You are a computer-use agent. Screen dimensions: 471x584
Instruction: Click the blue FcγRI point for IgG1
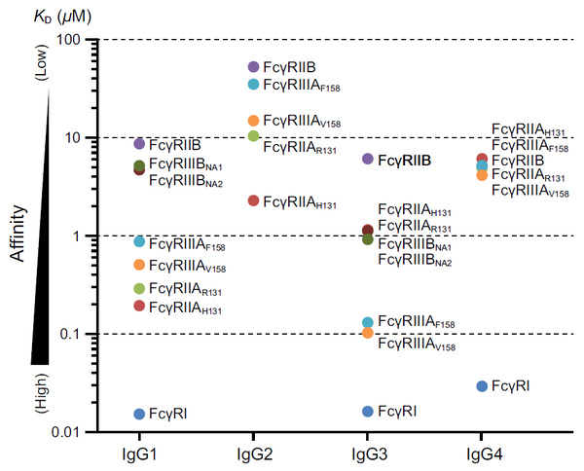[139, 415]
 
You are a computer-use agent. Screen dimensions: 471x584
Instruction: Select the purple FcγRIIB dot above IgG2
[253, 67]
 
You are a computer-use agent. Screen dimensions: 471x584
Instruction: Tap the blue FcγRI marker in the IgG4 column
[482, 386]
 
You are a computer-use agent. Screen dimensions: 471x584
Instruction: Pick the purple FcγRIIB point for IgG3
[367, 159]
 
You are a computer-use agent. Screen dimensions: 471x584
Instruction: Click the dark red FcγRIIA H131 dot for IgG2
[253, 200]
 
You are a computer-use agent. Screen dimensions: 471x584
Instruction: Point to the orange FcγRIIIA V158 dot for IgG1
[139, 265]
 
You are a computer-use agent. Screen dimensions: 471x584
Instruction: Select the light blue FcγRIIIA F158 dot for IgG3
[367, 322]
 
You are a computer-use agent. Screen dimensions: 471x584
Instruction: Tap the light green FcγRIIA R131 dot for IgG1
[139, 288]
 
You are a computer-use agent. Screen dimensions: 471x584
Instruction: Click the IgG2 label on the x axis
[253, 453]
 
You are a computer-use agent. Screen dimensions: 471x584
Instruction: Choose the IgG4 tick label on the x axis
[482, 453]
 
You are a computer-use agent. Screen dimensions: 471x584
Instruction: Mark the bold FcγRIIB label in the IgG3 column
[404, 160]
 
